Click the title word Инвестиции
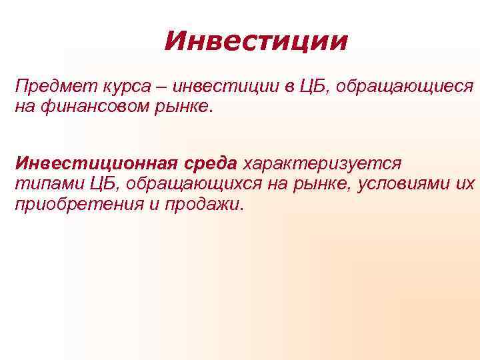coord(256,42)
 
